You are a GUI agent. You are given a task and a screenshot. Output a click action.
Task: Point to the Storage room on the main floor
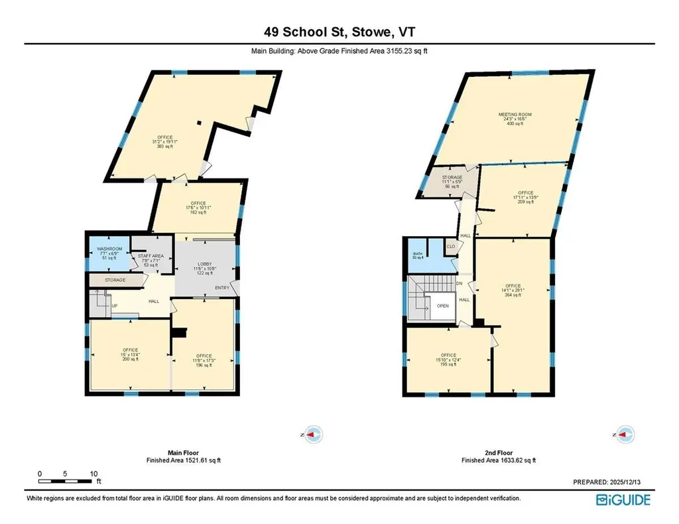pyautogui.click(x=116, y=280)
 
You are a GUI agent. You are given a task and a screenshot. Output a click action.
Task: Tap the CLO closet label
pyautogui.click(x=451, y=247)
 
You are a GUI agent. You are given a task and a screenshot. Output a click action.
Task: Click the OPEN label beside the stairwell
pyautogui.click(x=443, y=306)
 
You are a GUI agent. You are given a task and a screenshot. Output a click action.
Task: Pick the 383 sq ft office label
pyautogui.click(x=165, y=141)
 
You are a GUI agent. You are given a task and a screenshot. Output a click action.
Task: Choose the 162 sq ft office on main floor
pyautogui.click(x=198, y=208)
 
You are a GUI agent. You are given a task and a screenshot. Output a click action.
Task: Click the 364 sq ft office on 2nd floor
pyautogui.click(x=513, y=290)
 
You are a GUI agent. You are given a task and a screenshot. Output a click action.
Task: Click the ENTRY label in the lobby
pyautogui.click(x=222, y=287)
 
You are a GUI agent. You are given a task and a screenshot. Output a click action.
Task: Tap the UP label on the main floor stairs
pyautogui.click(x=114, y=306)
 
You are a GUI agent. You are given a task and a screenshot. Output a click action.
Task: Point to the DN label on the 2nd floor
pyautogui.click(x=458, y=284)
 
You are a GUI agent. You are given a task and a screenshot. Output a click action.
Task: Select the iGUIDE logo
pyautogui.click(x=624, y=499)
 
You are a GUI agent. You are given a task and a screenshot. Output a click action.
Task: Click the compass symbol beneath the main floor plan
pyautogui.click(x=312, y=434)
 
